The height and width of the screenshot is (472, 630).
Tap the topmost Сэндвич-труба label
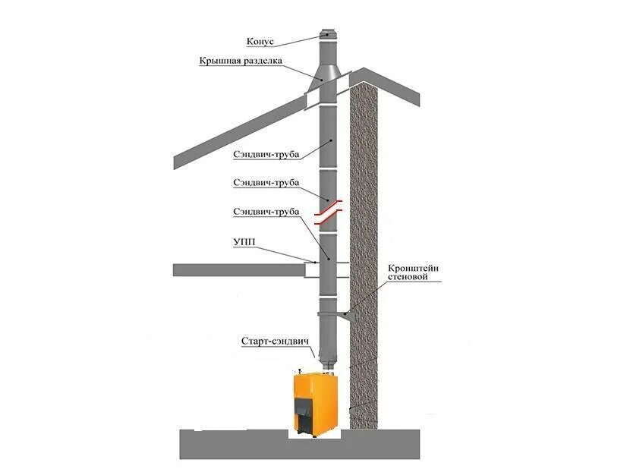[266, 154]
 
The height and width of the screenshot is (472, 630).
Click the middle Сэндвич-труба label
[266, 183]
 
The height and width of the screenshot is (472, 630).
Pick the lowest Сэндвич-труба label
[266, 211]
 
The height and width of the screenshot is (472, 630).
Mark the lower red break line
[329, 221]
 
